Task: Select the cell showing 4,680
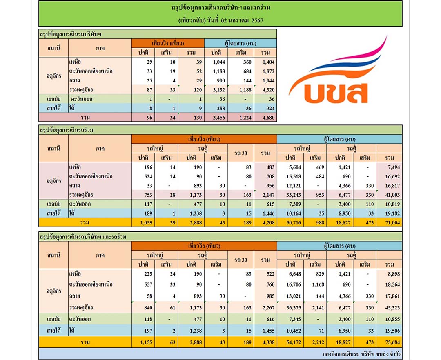pyautogui.click(x=268, y=118)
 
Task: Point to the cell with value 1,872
pyautogui.click(x=268, y=71)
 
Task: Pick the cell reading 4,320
pyautogui.click(x=268, y=90)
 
